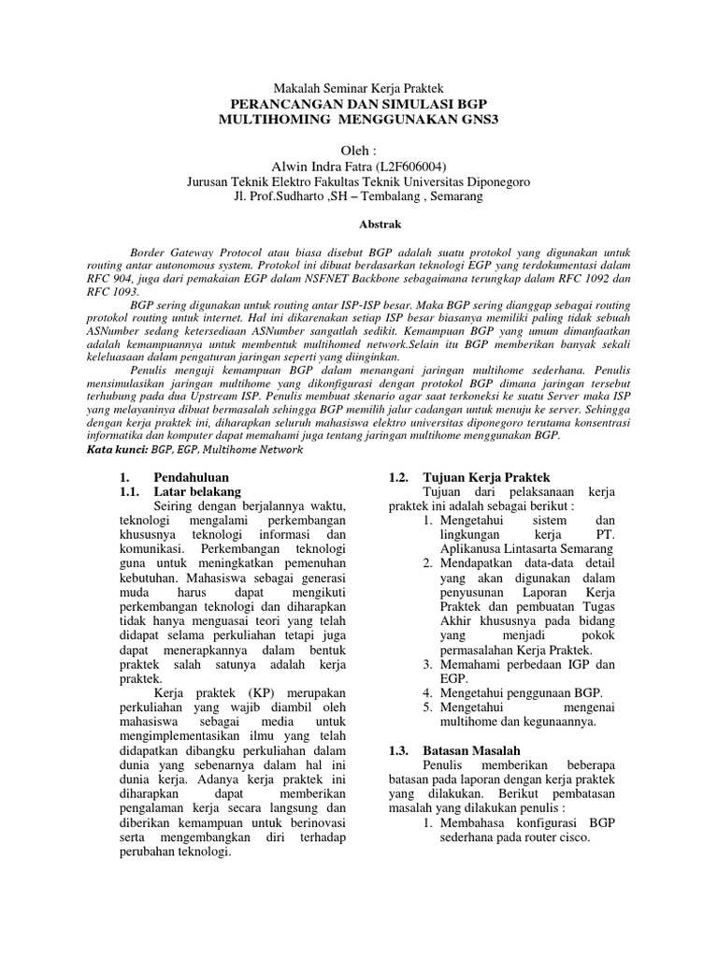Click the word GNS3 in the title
[x=477, y=121]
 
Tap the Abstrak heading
[x=359, y=225]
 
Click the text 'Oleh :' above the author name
[x=359, y=150]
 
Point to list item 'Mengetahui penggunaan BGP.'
[x=511, y=692]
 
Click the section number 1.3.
[x=397, y=751]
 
